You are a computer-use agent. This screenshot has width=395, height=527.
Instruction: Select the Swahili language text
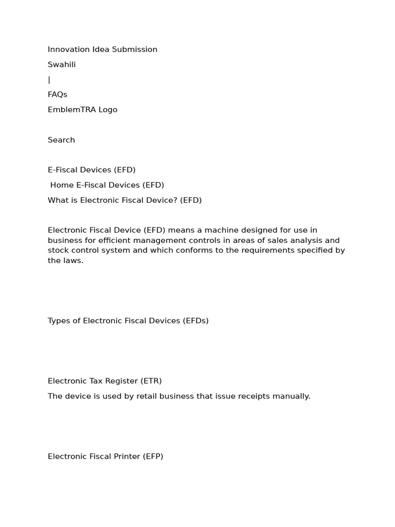(x=62, y=64)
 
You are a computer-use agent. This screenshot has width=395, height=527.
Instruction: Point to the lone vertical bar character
(x=49, y=80)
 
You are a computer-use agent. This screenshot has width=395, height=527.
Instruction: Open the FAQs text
(x=58, y=95)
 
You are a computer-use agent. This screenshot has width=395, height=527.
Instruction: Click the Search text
(x=61, y=140)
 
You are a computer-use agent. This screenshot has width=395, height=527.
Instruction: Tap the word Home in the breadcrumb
(x=62, y=185)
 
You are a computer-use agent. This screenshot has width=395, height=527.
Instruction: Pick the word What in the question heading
(x=58, y=200)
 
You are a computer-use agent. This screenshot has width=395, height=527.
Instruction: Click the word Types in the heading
(x=59, y=321)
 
